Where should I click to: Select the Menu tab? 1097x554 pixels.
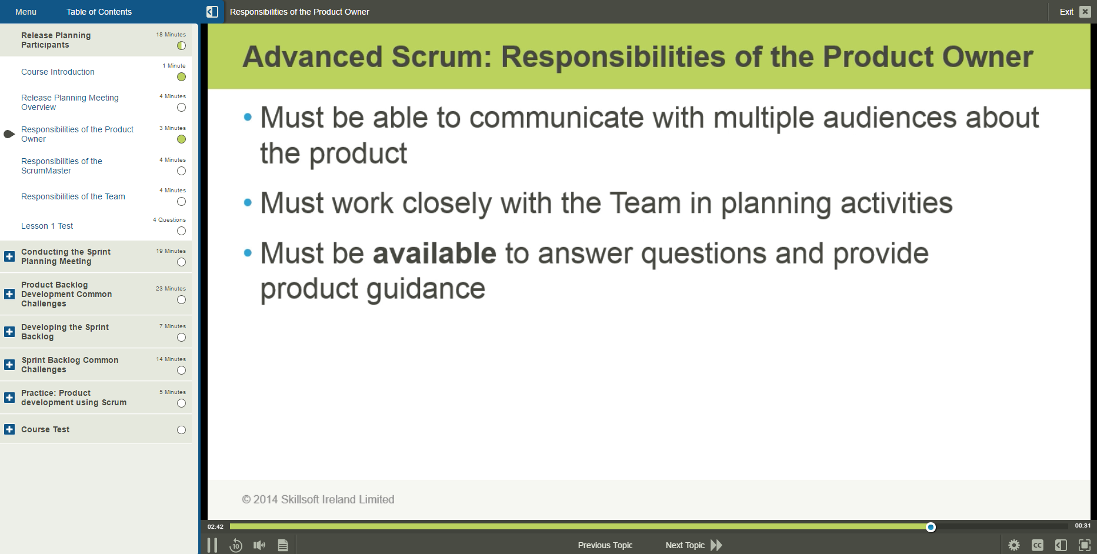click(26, 12)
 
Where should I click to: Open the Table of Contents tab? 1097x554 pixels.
click(99, 12)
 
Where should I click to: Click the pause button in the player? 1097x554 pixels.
click(212, 545)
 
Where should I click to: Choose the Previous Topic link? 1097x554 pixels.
click(605, 545)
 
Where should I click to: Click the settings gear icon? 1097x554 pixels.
click(1014, 545)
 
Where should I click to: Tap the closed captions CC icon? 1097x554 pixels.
click(1038, 545)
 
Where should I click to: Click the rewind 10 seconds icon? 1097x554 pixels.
click(236, 545)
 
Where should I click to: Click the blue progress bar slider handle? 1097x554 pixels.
click(931, 527)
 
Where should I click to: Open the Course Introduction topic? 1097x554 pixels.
click(58, 72)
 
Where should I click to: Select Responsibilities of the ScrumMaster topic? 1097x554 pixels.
click(61, 166)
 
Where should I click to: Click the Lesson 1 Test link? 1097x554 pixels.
click(47, 226)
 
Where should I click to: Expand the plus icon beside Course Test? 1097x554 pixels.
click(9, 429)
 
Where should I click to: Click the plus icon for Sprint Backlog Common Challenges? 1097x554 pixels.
click(9, 365)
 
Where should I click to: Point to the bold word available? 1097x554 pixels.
click(435, 253)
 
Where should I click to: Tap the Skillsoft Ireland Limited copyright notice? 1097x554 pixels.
click(318, 499)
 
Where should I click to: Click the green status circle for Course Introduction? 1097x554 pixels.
click(181, 77)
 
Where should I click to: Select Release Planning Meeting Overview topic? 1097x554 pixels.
click(69, 102)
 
